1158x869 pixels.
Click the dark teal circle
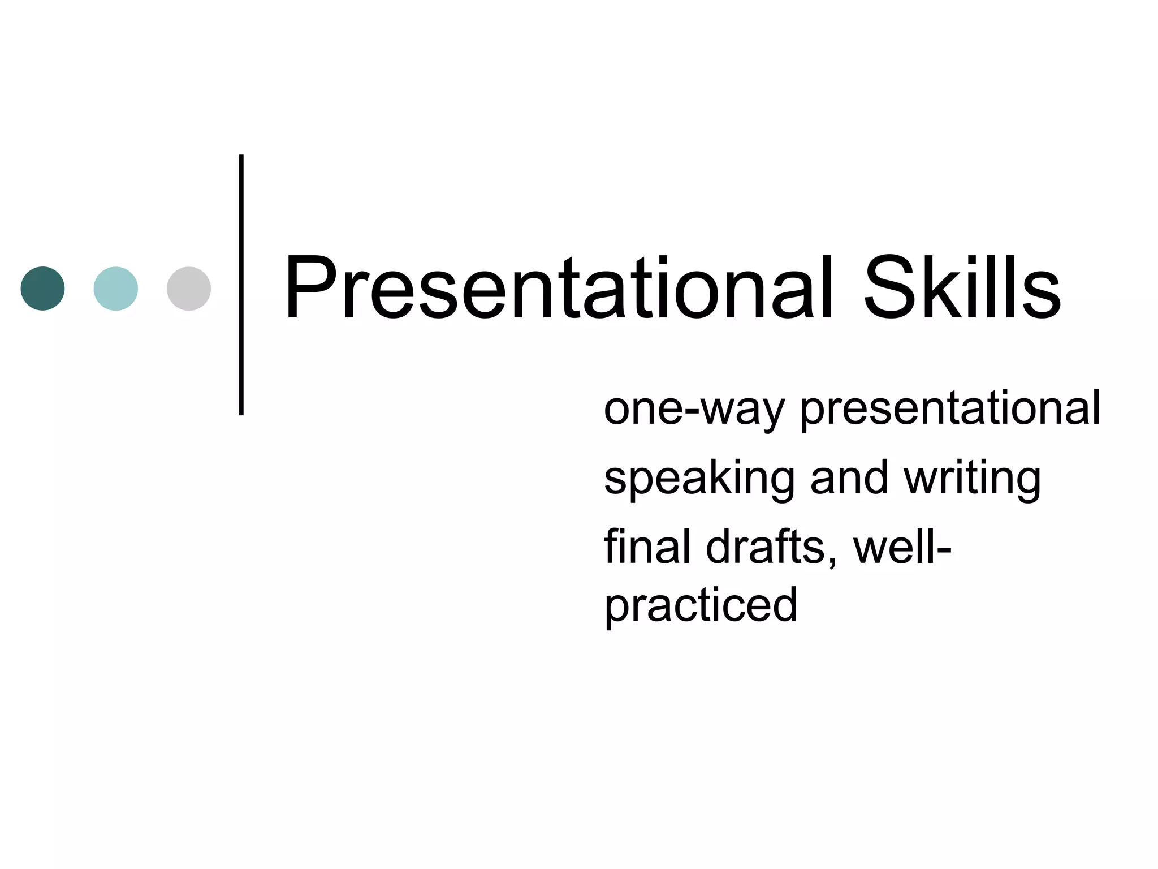(42, 289)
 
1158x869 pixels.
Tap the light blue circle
(115, 289)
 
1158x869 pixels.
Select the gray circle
(189, 289)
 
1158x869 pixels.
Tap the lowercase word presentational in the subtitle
(950, 410)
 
